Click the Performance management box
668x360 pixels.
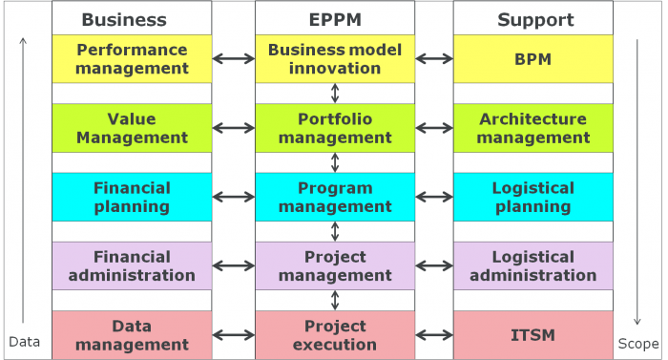(132, 58)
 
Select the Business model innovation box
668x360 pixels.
(334, 58)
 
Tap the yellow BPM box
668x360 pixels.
(532, 58)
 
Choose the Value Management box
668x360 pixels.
(132, 128)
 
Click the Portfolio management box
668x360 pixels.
(334, 128)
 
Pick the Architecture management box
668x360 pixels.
(532, 128)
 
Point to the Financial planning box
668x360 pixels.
(132, 197)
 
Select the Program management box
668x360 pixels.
(334, 197)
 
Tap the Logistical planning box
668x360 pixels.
(532, 197)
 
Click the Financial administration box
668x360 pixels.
(132, 265)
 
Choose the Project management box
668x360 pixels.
(334, 265)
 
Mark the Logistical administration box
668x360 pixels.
(532, 265)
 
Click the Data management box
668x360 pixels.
(132, 334)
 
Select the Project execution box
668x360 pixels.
(334, 334)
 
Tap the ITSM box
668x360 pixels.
(532, 334)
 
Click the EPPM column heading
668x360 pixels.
(334, 19)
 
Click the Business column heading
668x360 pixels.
(124, 19)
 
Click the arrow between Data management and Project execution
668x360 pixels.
(234, 335)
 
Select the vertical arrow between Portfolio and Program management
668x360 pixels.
(335, 162)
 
